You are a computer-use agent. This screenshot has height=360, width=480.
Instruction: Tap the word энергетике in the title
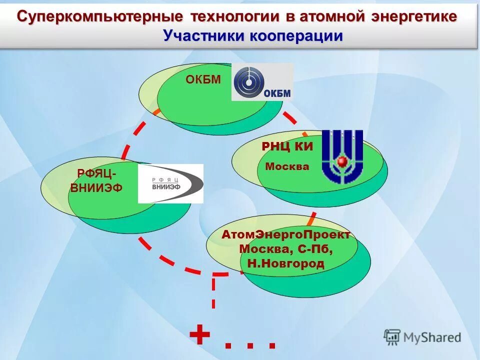click(414, 16)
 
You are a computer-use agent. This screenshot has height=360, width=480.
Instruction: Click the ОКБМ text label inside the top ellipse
click(203, 79)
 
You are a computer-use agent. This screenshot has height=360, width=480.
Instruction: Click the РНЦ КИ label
click(287, 146)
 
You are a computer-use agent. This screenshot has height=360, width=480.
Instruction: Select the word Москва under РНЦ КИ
click(287, 166)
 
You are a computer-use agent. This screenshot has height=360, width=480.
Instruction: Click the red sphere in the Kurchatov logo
click(342, 161)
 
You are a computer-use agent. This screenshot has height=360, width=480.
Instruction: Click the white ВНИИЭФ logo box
click(170, 183)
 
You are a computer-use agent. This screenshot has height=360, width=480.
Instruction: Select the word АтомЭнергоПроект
click(285, 235)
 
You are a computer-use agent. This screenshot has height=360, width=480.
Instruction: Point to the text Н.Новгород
click(285, 263)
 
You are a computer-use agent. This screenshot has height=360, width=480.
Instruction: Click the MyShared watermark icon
click(392, 337)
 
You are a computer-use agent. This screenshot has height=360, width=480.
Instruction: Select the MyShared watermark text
click(432, 337)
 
